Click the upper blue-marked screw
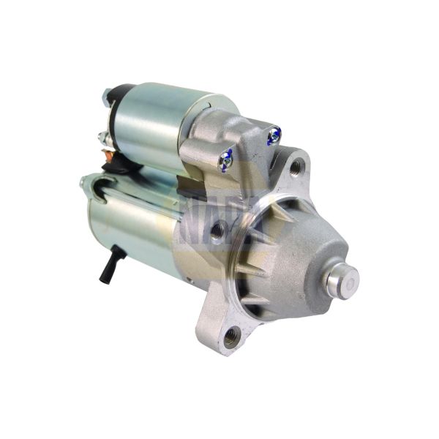click(273, 134)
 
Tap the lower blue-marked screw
click(227, 156)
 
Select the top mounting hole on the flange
click(296, 168)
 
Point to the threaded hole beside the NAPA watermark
click(217, 233)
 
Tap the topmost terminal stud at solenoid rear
click(106, 94)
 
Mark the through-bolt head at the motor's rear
click(82, 183)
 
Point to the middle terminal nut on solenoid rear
click(102, 136)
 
